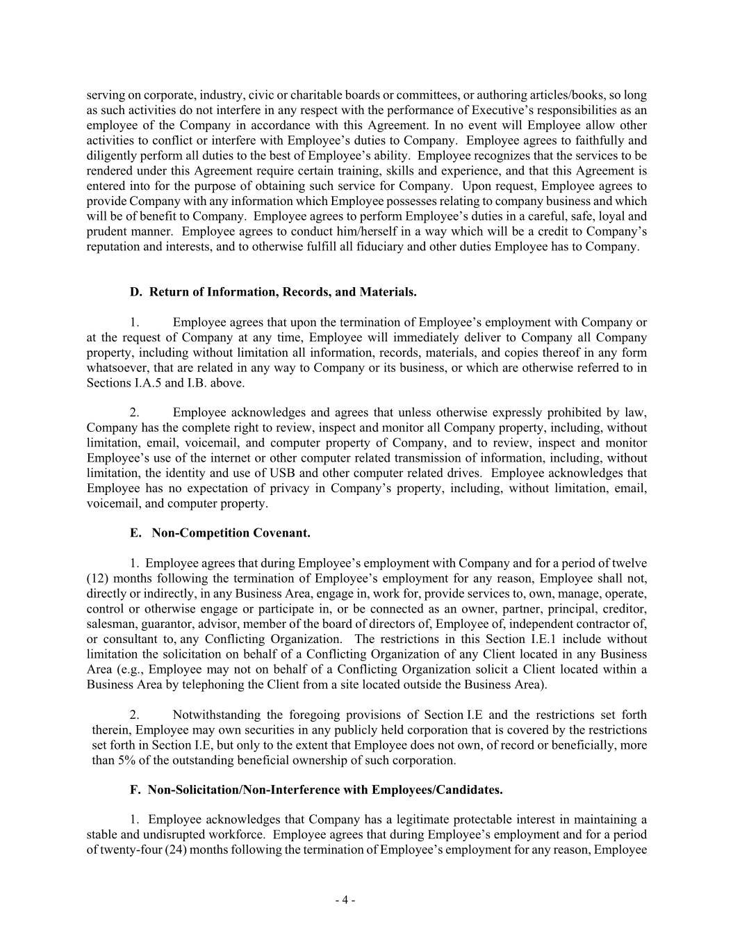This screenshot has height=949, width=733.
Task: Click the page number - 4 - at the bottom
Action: click(x=345, y=900)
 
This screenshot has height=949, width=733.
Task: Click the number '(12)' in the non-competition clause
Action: click(x=97, y=578)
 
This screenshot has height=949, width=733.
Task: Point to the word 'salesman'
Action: click(x=107, y=624)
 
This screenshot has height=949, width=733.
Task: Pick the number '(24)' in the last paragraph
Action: click(x=176, y=850)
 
